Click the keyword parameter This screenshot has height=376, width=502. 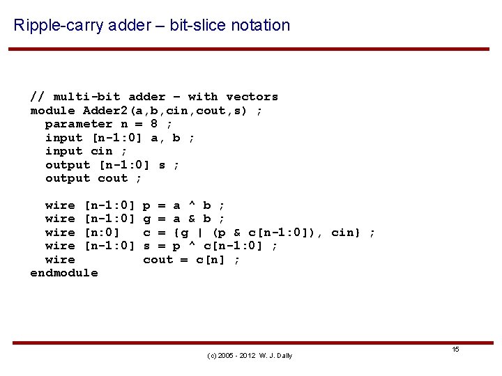(75, 124)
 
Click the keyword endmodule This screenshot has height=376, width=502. (64, 273)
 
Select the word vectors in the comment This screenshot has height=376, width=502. (252, 97)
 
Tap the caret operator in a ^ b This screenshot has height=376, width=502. (191, 205)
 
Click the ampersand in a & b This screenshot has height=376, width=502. (191, 219)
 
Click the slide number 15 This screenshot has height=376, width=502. (455, 349)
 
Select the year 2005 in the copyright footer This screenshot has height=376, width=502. (226, 356)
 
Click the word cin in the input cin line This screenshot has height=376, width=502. (101, 151)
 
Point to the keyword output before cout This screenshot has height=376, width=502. (68, 178)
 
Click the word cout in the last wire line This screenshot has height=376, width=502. (158, 260)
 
